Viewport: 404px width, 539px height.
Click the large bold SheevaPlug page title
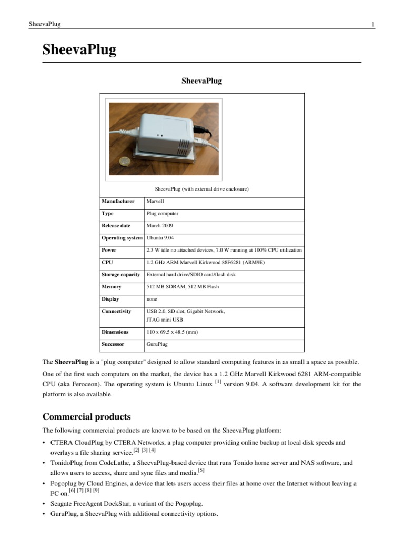pyautogui.click(x=79, y=50)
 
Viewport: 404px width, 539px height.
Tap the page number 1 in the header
pyautogui.click(x=372, y=24)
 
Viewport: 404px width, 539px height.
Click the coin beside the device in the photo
pyautogui.click(x=126, y=161)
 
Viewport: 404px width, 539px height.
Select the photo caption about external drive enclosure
pyautogui.click(x=201, y=188)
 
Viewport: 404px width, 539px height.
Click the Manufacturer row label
pyautogui.click(x=118, y=201)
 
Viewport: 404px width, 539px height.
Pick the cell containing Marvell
pyautogui.click(x=155, y=201)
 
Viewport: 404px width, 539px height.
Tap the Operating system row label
pyautogui.click(x=122, y=238)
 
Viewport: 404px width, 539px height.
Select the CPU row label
pyautogui.click(x=107, y=262)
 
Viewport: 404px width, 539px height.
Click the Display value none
pyautogui.click(x=151, y=299)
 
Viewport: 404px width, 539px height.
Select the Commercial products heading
pyautogui.click(x=86, y=417)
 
